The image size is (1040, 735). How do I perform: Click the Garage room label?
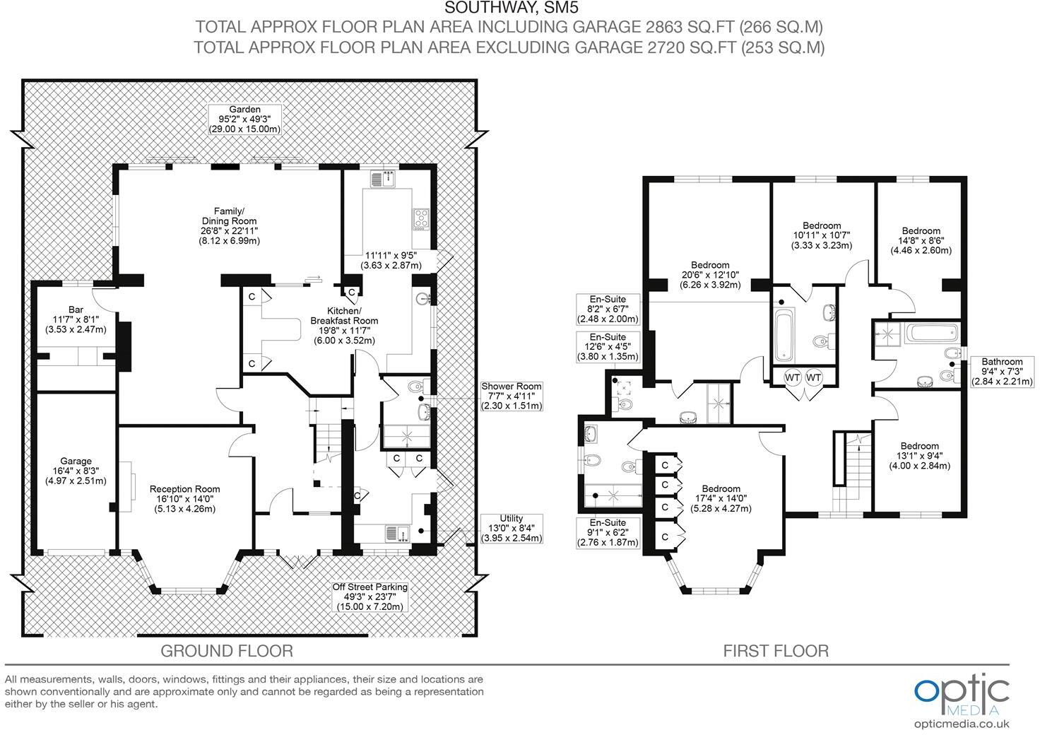pyautogui.click(x=76, y=471)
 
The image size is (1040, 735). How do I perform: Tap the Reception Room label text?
pyautogui.click(x=184, y=498)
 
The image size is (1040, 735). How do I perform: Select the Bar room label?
pyautogui.click(x=76, y=319)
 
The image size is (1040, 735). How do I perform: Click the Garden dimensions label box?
pyautogui.click(x=244, y=119)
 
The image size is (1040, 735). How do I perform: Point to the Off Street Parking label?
pyautogui.click(x=370, y=596)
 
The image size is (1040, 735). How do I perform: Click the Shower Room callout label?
pyautogui.click(x=512, y=396)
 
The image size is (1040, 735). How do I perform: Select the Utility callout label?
pyautogui.click(x=512, y=529)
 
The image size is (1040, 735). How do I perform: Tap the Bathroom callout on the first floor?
pyautogui.click(x=1002, y=372)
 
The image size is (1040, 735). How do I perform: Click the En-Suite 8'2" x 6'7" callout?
pyautogui.click(x=608, y=310)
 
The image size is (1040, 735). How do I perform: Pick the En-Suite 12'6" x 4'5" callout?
pyautogui.click(x=608, y=347)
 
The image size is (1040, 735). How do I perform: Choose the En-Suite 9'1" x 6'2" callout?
pyautogui.click(x=608, y=533)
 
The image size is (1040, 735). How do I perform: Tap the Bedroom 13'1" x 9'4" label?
pyautogui.click(x=919, y=456)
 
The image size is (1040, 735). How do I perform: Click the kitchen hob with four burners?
pyautogui.click(x=420, y=218)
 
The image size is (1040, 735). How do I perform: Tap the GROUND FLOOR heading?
pyautogui.click(x=226, y=650)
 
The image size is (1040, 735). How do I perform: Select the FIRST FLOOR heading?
pyautogui.click(x=775, y=650)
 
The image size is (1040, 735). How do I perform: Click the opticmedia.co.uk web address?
pyautogui.click(x=962, y=723)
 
